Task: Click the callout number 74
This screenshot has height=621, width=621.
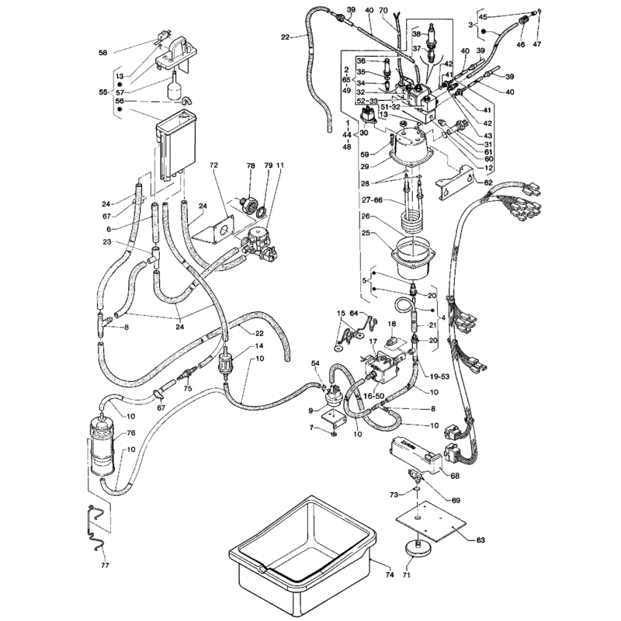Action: click(390, 574)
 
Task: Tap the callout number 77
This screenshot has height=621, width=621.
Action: click(106, 565)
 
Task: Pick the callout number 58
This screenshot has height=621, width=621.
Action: click(102, 52)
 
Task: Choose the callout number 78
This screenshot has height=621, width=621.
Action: click(251, 165)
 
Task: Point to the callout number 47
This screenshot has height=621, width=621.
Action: click(536, 45)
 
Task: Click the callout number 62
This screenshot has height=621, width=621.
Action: click(488, 183)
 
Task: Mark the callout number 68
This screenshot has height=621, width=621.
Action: click(455, 476)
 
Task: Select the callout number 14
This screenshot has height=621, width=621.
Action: click(259, 345)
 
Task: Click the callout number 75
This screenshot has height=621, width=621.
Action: click(188, 389)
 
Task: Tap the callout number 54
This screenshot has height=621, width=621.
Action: click(315, 363)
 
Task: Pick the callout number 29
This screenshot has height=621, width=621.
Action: click(365, 167)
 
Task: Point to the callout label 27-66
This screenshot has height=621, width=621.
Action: click(372, 201)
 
